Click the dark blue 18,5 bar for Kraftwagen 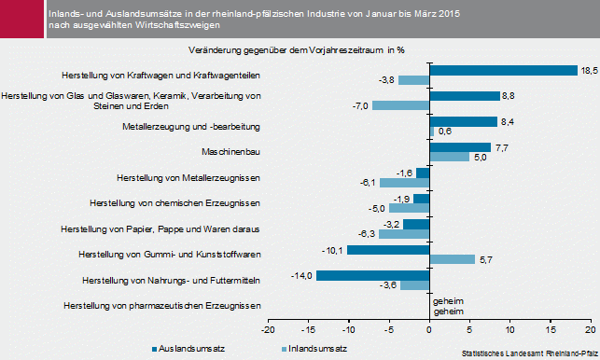click(x=503, y=70)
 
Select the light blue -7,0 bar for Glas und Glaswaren click(x=400, y=105)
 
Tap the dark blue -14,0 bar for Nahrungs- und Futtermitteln click(x=371, y=275)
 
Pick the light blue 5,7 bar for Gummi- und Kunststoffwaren click(x=452, y=259)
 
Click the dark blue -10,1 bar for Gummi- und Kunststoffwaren click(x=387, y=250)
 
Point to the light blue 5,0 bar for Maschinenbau click(x=449, y=157)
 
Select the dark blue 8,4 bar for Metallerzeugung click(x=463, y=121)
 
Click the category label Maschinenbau click(x=230, y=151)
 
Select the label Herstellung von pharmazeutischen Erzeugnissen click(x=160, y=305)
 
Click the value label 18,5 click(x=589, y=70)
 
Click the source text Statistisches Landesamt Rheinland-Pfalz click(x=527, y=353)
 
